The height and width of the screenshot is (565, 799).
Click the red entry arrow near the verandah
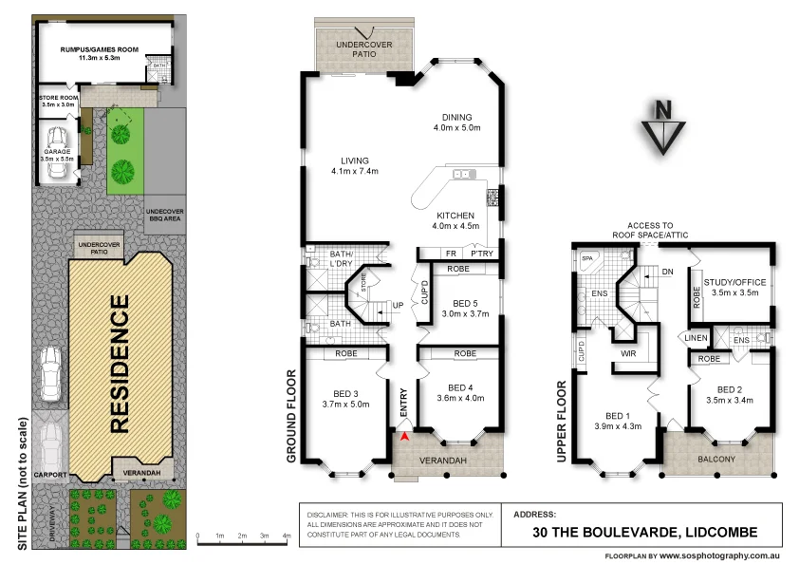[x=406, y=437]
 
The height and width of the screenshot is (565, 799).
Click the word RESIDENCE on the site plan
[x=120, y=365]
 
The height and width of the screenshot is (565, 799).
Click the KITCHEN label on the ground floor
[x=454, y=216]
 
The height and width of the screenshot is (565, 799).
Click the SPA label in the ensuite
[x=586, y=257]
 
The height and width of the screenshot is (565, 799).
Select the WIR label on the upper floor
[x=627, y=352]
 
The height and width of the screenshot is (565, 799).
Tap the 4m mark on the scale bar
[x=287, y=537]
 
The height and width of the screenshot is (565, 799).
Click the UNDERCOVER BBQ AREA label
[x=164, y=215]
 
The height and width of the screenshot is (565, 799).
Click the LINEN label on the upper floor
[x=695, y=336]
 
